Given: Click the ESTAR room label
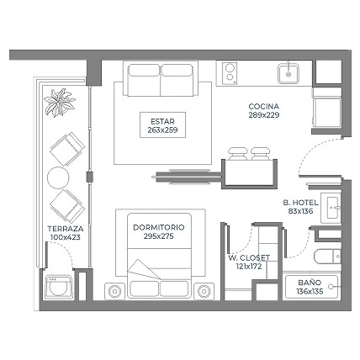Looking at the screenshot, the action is click(162, 121).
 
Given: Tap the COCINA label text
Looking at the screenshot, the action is click(264, 107).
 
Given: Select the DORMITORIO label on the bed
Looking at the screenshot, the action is click(159, 227).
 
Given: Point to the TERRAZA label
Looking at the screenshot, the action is click(66, 229).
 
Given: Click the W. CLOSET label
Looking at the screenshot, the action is click(249, 257).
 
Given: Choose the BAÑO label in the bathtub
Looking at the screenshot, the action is click(310, 283).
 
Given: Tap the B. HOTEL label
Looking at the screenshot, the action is click(300, 203).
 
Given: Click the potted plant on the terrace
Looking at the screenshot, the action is click(60, 103).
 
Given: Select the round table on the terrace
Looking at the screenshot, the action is click(58, 177).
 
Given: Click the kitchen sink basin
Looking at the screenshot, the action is click(289, 74).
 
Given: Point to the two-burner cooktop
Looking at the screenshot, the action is click(230, 73).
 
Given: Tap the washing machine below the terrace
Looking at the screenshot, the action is click(59, 287).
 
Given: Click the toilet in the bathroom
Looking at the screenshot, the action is click(327, 257).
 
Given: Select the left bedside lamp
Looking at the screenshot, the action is click(114, 292).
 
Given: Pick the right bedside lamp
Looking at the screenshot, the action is click(204, 292).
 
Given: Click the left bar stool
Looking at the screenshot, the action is click(238, 153).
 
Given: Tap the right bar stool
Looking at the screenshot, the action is click(261, 153).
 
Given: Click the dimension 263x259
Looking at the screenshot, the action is click(162, 130).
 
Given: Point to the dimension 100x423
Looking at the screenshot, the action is click(66, 237).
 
